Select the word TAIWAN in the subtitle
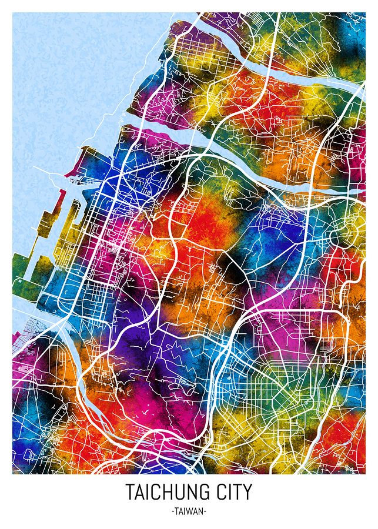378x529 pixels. [x=189, y=511]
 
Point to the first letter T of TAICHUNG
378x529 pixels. [x=129, y=491]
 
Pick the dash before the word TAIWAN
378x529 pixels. [x=173, y=512]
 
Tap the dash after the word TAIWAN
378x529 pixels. [x=205, y=512]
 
